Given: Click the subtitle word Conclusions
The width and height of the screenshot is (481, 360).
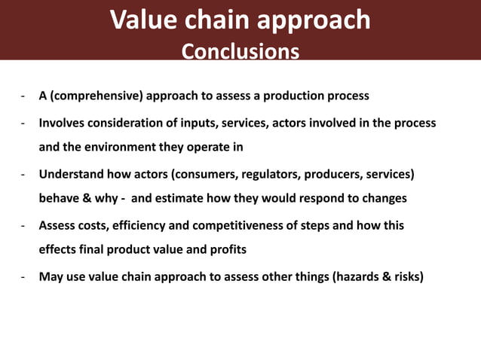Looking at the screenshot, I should pyautogui.click(x=240, y=51).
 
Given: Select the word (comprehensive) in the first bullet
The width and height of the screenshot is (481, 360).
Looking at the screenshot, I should pyautogui.click(x=97, y=96).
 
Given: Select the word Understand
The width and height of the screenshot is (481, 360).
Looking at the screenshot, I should pyautogui.click(x=72, y=174).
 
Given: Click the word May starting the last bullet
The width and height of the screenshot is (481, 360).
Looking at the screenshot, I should pyautogui.click(x=51, y=276).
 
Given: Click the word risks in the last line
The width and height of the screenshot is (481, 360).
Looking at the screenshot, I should pyautogui.click(x=407, y=276).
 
